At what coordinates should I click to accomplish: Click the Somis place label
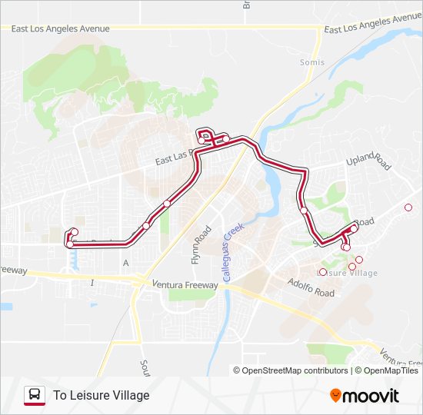coord(312,62)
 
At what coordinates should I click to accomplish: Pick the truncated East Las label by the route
coord(172,160)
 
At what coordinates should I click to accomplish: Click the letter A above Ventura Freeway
coord(125,263)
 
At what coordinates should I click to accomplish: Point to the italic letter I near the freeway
coord(92,284)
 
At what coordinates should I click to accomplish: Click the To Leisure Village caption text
coord(101,396)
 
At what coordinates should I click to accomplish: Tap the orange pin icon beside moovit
coord(336,396)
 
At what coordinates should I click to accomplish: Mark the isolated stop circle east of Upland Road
coord(408,207)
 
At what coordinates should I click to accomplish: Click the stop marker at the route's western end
coord(74,232)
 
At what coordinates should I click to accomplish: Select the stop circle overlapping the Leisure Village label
coord(323,271)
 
